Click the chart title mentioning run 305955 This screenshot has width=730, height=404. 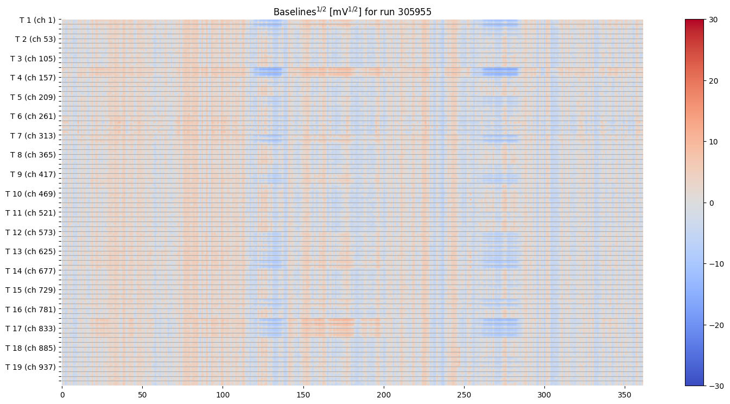pos(352,11)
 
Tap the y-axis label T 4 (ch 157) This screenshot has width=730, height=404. pos(33,78)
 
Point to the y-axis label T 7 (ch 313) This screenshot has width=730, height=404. pos(33,136)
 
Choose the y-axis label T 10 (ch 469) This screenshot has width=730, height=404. pos(31,194)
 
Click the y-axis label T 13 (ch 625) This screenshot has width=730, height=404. pos(31,251)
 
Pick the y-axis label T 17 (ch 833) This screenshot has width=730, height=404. pos(31,329)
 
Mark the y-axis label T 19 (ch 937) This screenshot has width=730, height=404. pos(31,367)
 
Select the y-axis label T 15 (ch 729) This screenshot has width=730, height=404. pos(31,290)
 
